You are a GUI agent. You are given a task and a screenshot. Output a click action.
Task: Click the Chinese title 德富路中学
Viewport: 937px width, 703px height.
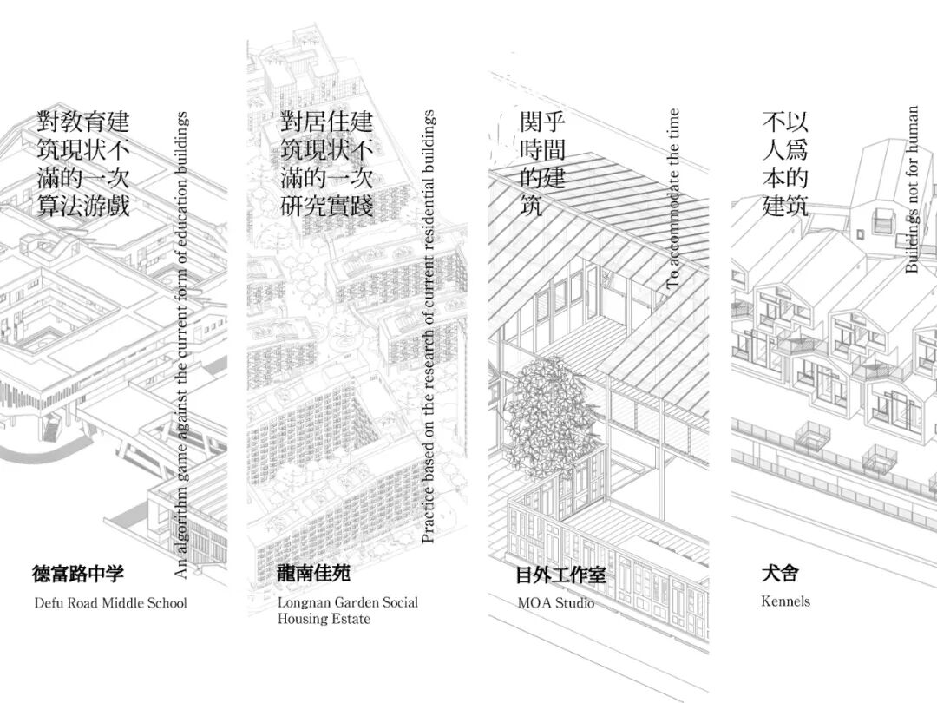point(78,574)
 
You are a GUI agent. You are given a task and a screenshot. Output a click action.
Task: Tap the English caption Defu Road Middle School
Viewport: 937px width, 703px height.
point(110,602)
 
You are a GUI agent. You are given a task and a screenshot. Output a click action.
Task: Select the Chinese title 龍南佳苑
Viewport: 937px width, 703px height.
point(314,574)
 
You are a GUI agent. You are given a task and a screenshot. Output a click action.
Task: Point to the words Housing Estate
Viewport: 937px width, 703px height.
point(324,619)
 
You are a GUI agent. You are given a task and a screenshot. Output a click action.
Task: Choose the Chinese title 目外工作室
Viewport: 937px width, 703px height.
point(560,575)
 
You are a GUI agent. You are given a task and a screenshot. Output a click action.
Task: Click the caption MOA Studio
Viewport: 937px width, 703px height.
point(555,602)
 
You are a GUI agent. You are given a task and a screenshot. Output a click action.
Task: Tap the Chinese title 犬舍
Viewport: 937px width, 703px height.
point(779,574)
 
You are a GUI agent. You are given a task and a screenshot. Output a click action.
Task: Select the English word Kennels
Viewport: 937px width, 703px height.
point(785,601)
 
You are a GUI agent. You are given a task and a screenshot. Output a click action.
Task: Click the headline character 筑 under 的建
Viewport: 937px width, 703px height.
point(531,207)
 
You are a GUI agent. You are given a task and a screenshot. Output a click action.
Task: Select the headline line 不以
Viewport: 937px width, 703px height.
point(785,122)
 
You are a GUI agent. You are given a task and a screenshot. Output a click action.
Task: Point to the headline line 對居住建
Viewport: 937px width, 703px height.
point(327,122)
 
